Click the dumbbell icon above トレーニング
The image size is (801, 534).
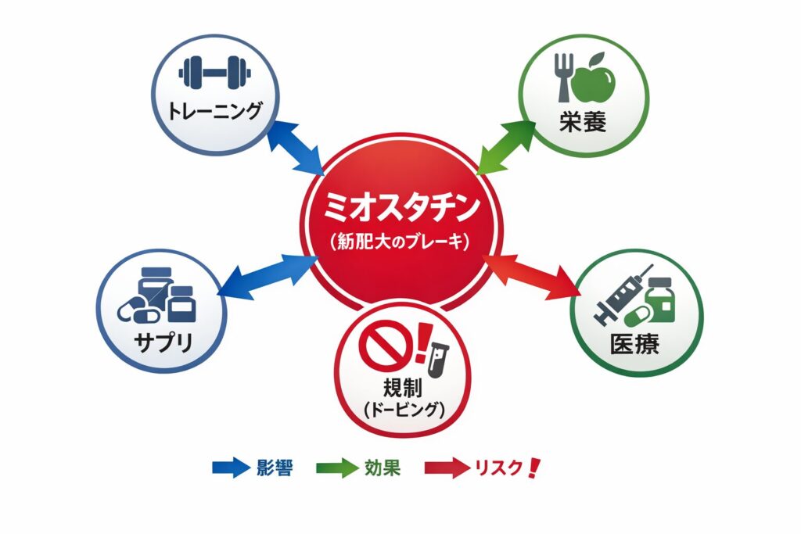tap(214, 73)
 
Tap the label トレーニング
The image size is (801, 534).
tap(214, 111)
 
